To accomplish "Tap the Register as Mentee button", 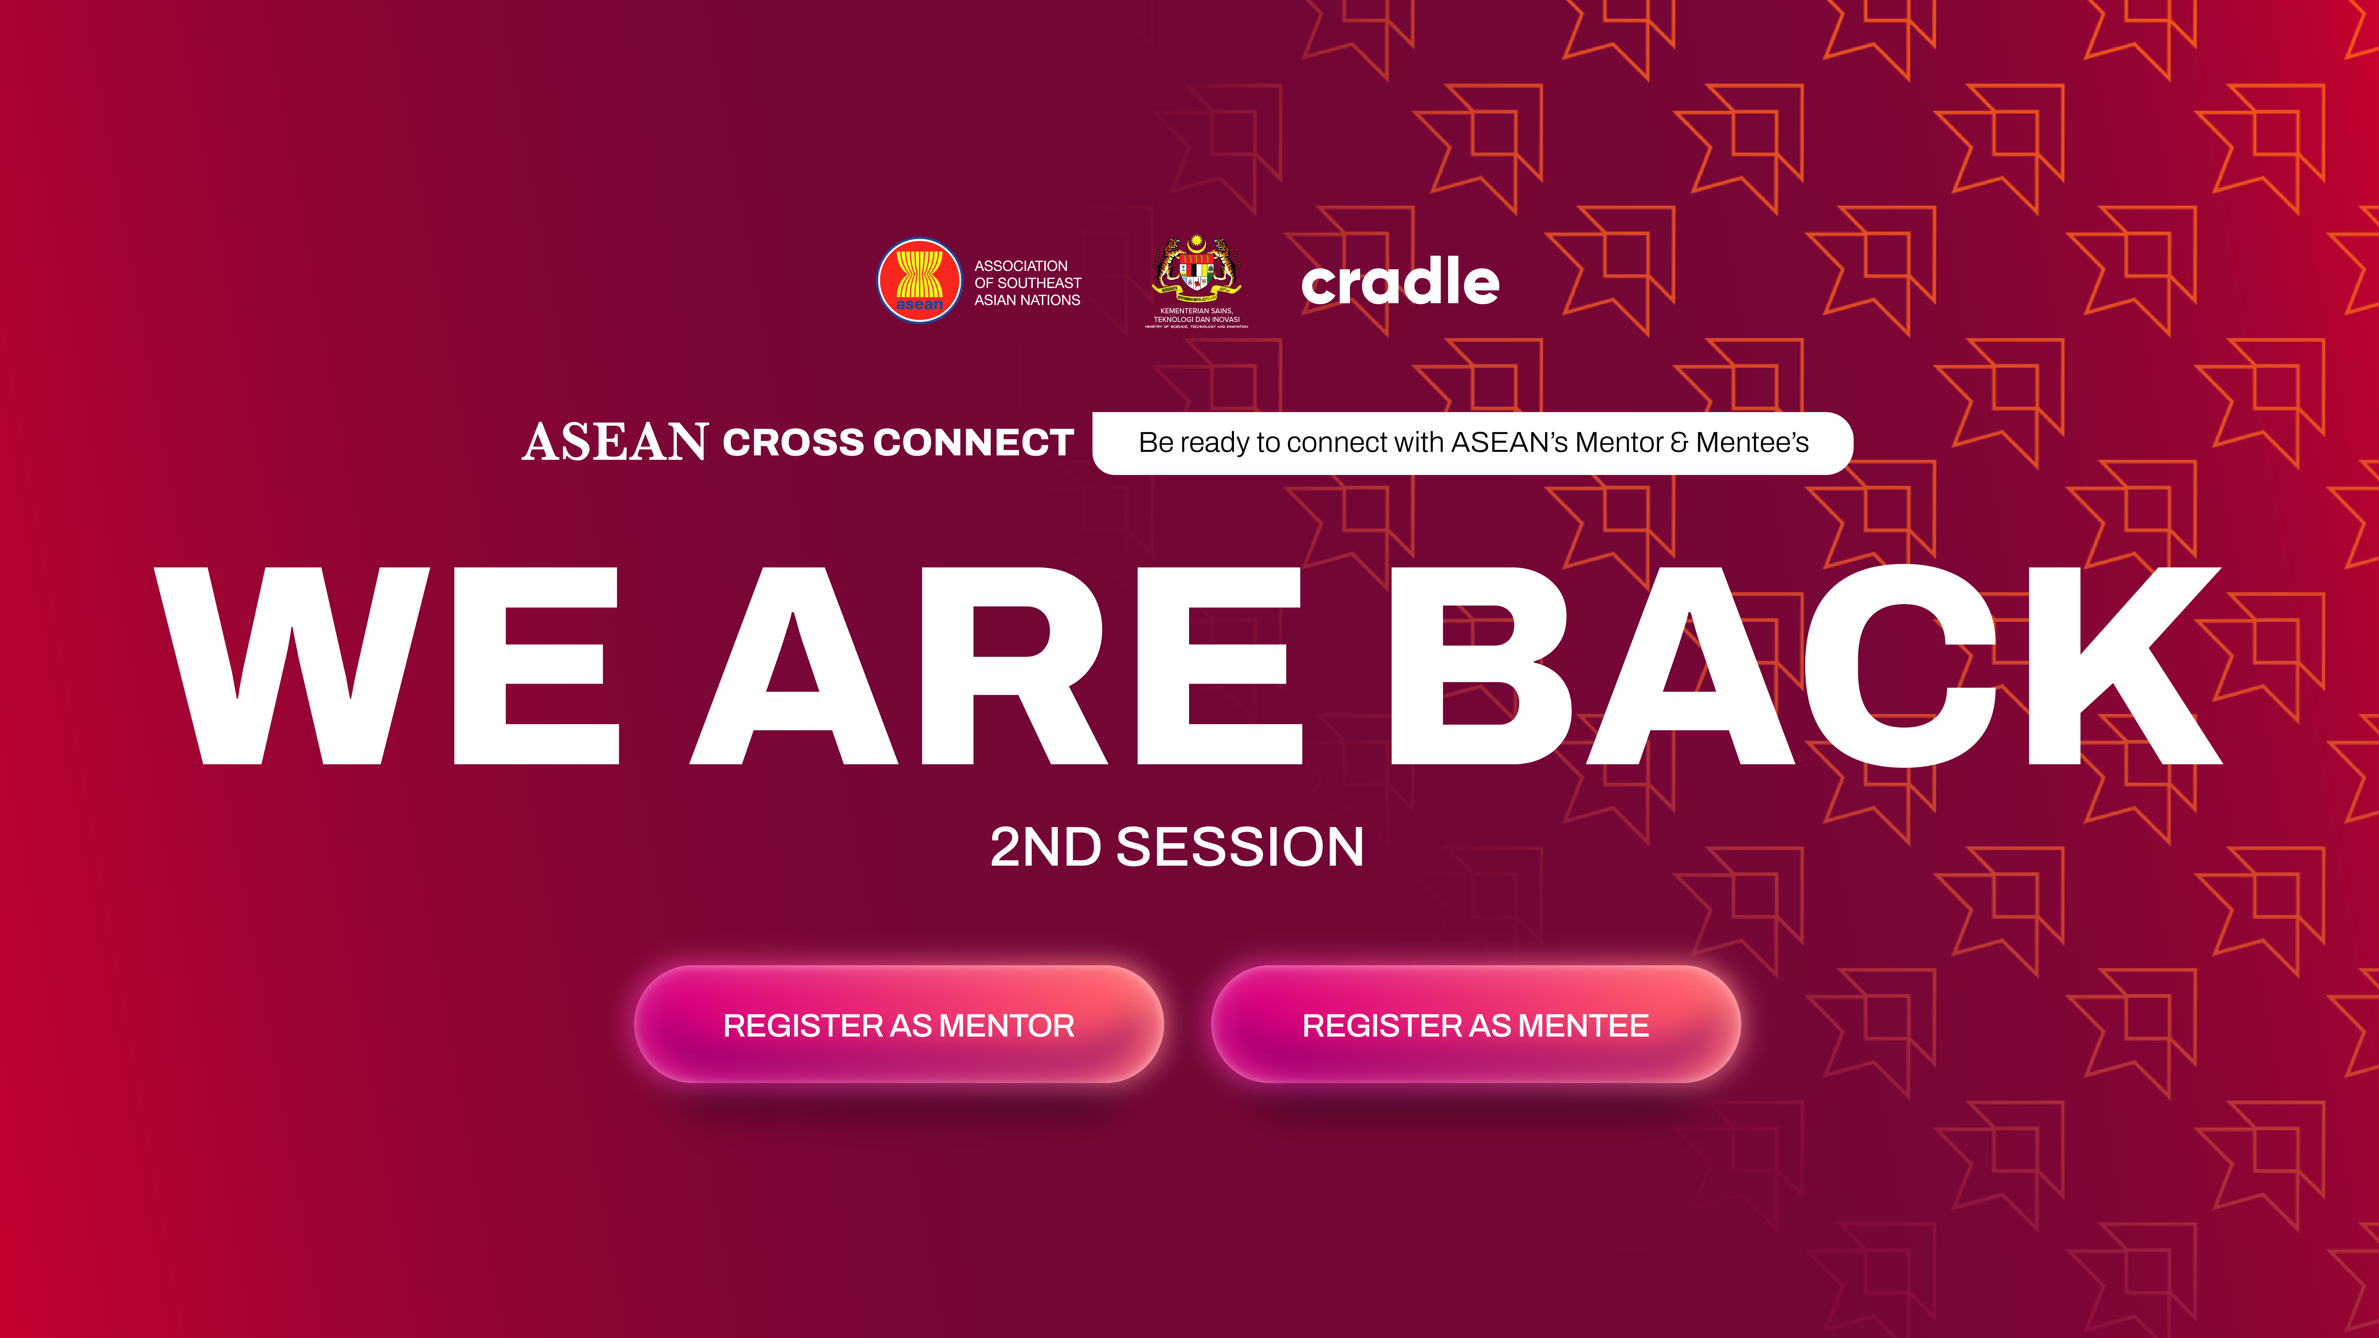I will (x=1475, y=1025).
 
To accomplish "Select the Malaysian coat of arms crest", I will (x=1197, y=268).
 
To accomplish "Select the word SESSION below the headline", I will (x=1239, y=847).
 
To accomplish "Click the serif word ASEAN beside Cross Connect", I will (x=615, y=442).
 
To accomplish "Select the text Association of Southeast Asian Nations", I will (x=1027, y=283).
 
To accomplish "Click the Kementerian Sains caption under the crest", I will (x=1197, y=316).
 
